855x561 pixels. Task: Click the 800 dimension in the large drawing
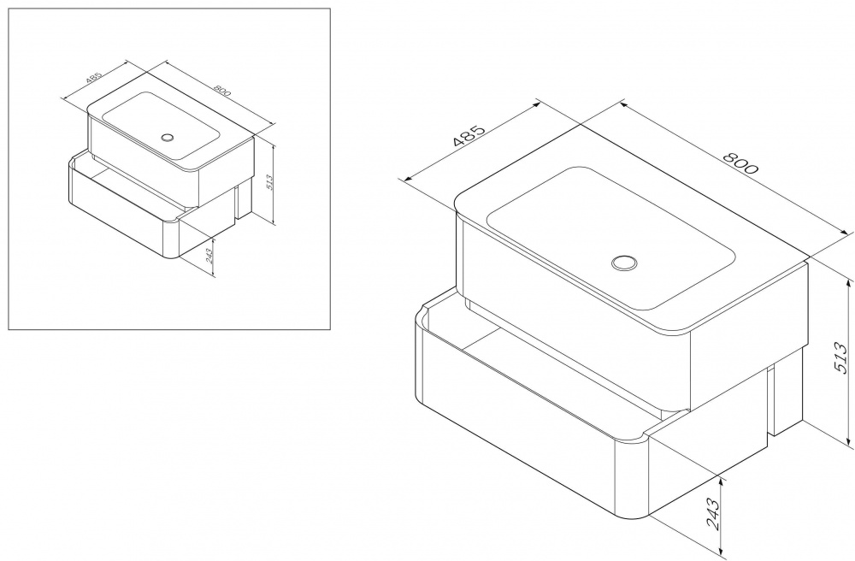(x=740, y=161)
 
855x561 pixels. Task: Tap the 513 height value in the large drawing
(x=841, y=358)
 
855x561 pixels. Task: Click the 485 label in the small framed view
(x=94, y=78)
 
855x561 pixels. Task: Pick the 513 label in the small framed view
(x=269, y=181)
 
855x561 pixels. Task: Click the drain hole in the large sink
(x=624, y=263)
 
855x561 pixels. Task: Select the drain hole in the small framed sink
(x=168, y=137)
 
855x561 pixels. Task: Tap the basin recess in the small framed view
(x=162, y=126)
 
